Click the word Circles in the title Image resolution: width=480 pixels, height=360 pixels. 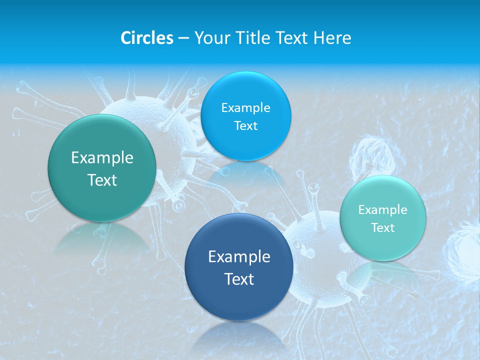146,38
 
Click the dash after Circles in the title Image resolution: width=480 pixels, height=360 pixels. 183,38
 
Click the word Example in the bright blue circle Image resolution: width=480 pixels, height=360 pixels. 245,107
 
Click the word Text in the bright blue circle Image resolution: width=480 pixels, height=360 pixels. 245,125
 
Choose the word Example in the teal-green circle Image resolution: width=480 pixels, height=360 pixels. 102,158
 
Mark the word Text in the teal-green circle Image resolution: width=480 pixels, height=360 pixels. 102,180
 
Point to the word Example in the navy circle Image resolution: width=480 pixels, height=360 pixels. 239,257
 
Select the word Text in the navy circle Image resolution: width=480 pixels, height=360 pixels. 239,279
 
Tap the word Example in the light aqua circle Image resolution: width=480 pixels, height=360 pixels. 383,210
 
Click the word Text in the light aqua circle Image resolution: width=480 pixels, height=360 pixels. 383,228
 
